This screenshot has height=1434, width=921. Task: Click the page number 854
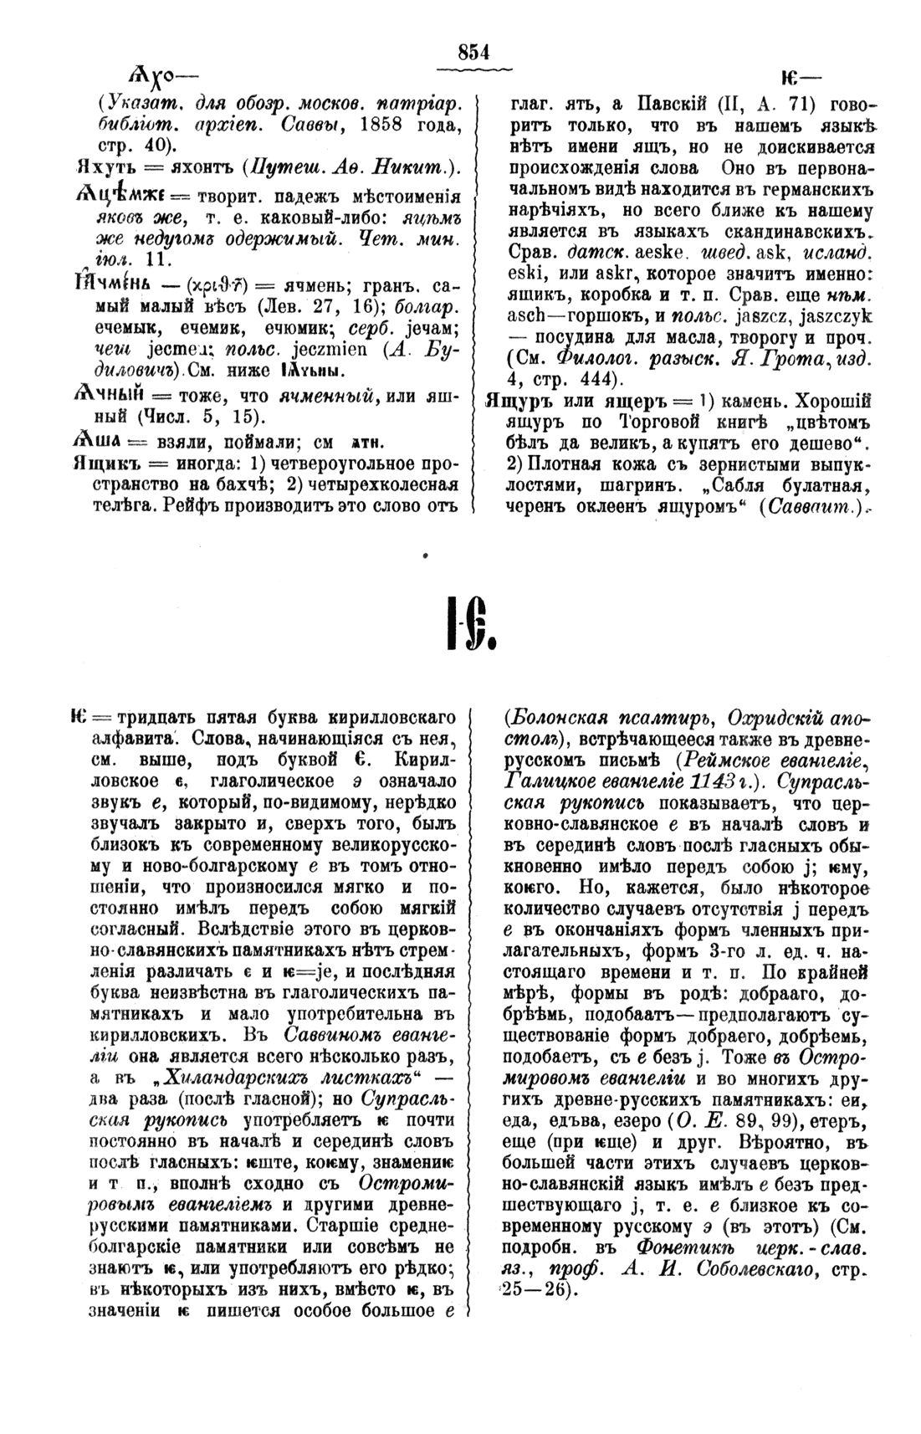(x=473, y=53)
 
